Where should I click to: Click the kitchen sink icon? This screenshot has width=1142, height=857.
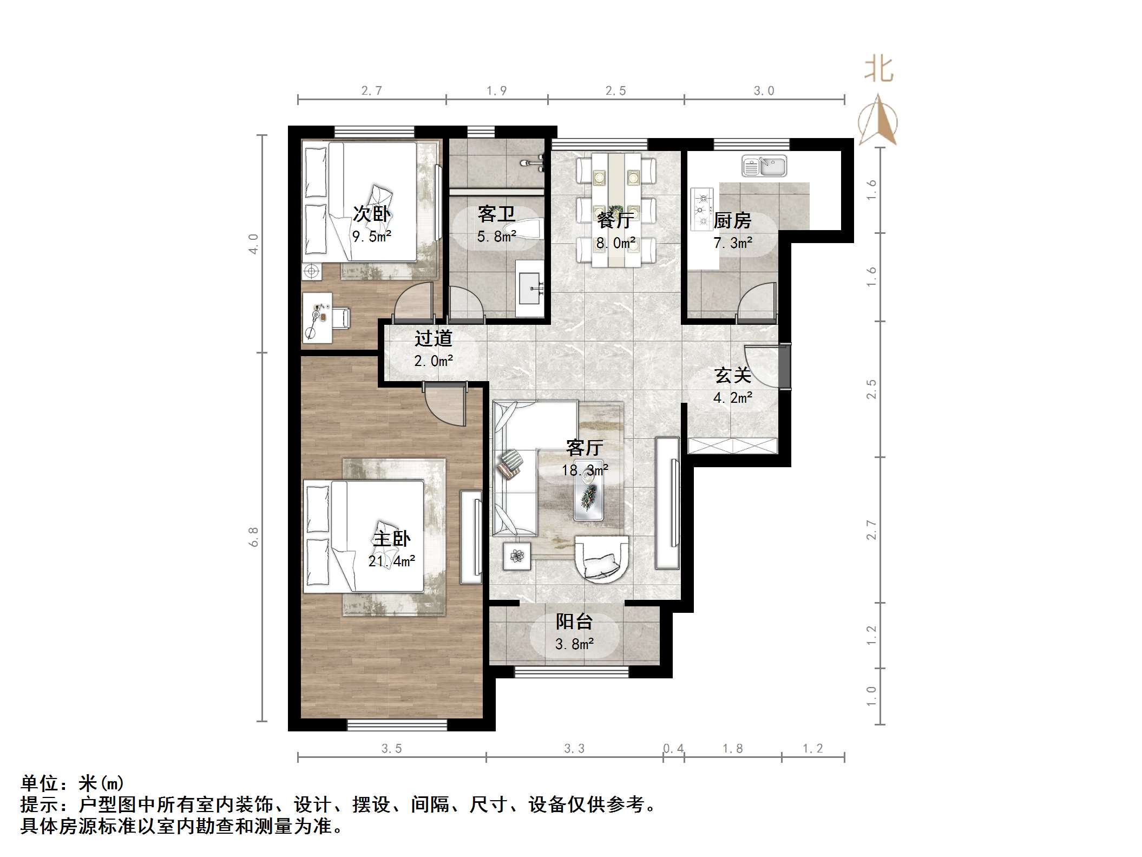click(x=764, y=166)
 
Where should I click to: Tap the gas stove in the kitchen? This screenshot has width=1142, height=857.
click(x=702, y=208)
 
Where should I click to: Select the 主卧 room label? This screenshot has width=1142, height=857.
click(x=391, y=539)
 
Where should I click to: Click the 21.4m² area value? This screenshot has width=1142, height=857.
click(x=391, y=561)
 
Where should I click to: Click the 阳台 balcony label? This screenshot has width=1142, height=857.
click(x=574, y=622)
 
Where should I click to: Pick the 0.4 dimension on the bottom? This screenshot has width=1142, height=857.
click(x=673, y=749)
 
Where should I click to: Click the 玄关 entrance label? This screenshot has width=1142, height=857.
click(x=732, y=375)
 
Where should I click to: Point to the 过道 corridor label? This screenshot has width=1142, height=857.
click(x=433, y=338)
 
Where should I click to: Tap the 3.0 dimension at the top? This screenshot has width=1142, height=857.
click(x=764, y=91)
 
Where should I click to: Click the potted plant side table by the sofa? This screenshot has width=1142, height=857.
click(x=516, y=556)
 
